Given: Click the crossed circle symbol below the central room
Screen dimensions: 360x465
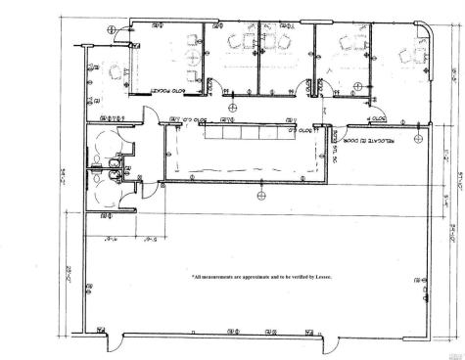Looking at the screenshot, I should click(232, 196).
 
